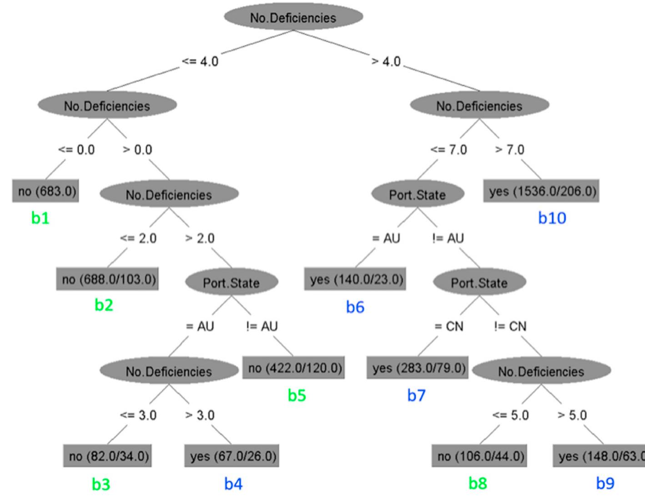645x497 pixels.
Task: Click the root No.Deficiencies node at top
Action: coord(293,17)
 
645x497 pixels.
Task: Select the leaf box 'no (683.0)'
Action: coord(45,191)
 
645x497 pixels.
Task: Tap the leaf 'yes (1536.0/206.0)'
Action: coord(541,191)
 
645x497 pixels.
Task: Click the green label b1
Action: coord(40,218)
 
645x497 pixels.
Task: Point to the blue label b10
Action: coord(552,218)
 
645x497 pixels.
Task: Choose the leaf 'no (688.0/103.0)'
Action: coord(107,279)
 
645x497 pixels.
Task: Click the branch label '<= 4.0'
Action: coord(200,61)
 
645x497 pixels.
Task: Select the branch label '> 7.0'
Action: coord(509,150)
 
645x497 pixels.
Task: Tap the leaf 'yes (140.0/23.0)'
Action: coord(355,279)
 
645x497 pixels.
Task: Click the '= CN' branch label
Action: coord(448,326)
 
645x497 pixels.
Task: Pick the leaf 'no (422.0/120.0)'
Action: coord(293,367)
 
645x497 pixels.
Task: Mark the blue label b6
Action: coord(355,307)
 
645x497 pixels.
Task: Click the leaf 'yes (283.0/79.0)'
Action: coord(418,367)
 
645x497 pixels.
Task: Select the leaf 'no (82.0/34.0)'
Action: coord(107,456)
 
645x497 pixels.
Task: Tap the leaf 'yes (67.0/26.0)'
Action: coord(232,456)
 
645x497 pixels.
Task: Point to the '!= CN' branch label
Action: coord(510,326)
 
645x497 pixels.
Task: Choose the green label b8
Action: coord(478,483)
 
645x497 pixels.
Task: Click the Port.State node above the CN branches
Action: coord(479,283)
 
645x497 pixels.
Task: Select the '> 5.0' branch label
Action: coord(572,415)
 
